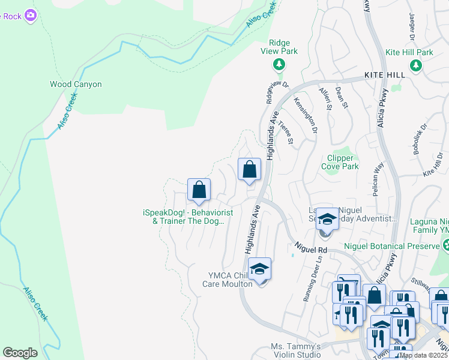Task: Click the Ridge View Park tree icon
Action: (279, 64)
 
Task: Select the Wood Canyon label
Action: (76, 85)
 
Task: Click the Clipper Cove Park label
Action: (340, 162)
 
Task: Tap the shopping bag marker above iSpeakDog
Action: (199, 190)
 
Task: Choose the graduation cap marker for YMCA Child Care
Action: (259, 269)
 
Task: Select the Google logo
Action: (20, 353)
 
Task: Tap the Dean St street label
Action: (342, 97)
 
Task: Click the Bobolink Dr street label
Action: (418, 140)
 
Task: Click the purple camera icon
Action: (30, 16)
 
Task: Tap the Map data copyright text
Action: (424, 355)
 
